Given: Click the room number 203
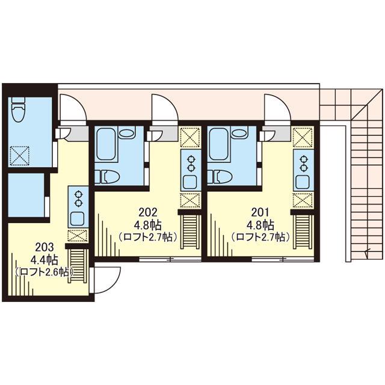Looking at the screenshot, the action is coord(44,247).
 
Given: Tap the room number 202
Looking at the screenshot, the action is coord(148,212).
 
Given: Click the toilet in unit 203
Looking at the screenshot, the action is coord(19,109).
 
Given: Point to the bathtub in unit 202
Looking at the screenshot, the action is coord(106,144).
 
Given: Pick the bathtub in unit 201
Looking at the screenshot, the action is coord(218,144).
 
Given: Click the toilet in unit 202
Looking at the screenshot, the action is coord(107,177).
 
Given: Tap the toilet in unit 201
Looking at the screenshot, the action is coord(220,177).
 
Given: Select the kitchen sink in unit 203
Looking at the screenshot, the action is coord(78,218).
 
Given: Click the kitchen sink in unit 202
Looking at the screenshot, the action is coord(191,182).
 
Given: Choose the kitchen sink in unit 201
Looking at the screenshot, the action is coord(303,182).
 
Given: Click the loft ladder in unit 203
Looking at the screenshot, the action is coord(78,266).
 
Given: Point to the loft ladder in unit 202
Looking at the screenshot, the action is coord(191,232).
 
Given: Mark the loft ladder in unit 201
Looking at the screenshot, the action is coord(303,232).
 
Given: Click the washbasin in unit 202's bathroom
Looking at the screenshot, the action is coord(126,134).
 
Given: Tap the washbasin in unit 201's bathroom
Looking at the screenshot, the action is coord(239,134).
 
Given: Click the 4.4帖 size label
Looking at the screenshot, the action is coord(44,260).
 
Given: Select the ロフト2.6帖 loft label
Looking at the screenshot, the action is coord(45,273).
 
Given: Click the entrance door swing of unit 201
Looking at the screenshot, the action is coord(278,108).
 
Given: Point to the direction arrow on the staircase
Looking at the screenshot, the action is coord(367,253).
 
